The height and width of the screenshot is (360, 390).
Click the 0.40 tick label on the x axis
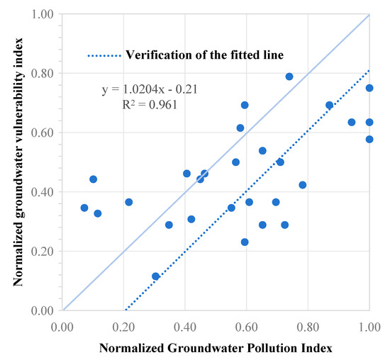point(185,327)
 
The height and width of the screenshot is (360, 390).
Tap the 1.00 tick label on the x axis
point(369,327)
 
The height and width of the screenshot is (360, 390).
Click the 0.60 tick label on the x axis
point(246,327)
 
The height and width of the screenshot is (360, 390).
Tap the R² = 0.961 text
point(147,105)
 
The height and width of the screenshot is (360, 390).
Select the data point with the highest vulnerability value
point(289,77)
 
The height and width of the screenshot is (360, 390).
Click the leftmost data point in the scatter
point(84,208)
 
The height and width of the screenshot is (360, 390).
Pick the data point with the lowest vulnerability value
point(155,276)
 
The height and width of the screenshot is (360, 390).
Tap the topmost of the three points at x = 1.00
point(369,88)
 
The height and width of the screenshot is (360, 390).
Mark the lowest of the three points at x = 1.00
point(369,139)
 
